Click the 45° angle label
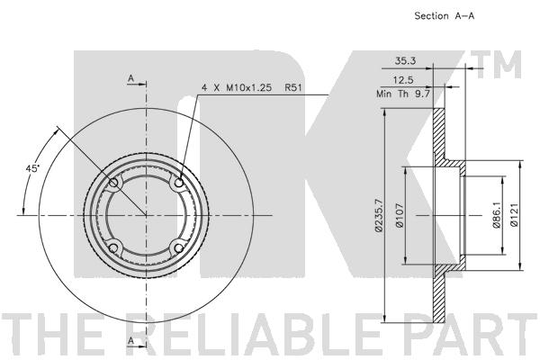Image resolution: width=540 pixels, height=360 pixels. tap(31, 168)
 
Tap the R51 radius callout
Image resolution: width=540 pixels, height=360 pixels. tap(292, 88)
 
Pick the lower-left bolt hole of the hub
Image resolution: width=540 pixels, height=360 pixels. tap(113, 248)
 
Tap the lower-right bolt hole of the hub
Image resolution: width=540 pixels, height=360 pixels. tap(179, 248)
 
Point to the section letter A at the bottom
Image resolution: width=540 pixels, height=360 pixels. tap(131, 342)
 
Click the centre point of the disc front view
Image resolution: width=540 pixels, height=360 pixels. tap(146, 215)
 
